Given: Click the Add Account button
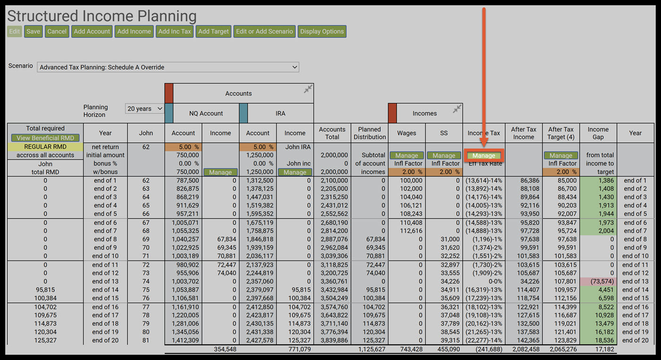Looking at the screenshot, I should click(92, 32).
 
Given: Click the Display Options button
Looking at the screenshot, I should click(322, 32).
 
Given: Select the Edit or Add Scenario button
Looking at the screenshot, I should click(264, 32).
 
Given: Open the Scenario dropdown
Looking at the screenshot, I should click(168, 67).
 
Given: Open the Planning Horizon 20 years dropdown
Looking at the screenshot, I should click(144, 109).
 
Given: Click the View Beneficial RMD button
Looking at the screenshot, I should click(45, 138).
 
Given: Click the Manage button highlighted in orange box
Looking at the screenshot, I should click(484, 156).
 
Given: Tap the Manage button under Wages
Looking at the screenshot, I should click(407, 156).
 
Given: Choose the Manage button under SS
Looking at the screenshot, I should click(444, 156).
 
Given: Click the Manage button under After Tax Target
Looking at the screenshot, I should click(561, 156).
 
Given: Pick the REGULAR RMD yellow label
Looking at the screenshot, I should click(45, 147).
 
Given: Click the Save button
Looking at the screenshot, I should click(33, 32).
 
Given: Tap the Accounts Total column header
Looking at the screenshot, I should click(332, 133).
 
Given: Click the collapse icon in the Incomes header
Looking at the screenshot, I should click(457, 109).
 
